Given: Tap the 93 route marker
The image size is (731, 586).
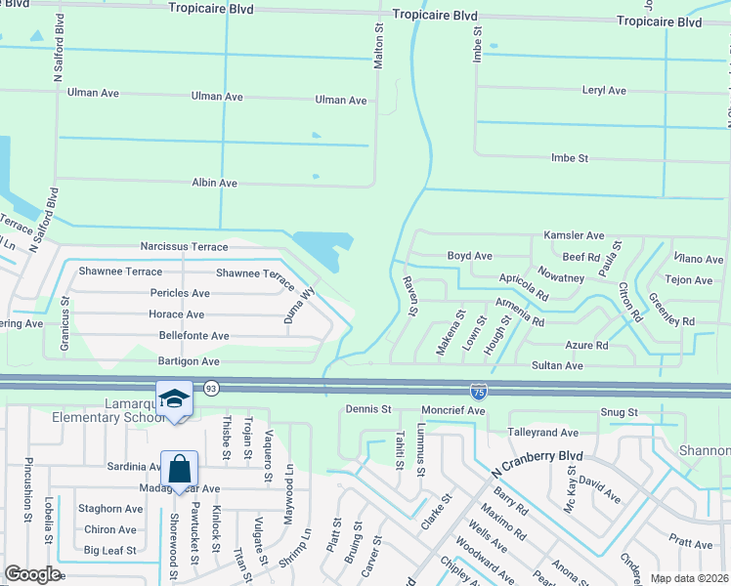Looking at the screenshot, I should tap(211, 389).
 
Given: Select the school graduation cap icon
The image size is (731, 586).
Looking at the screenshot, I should tap(174, 398).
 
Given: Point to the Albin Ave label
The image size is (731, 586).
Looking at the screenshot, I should tap(214, 183).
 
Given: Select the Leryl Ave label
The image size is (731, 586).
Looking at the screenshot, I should tap(603, 91).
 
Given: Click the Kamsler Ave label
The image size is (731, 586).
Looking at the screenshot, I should tap(574, 236).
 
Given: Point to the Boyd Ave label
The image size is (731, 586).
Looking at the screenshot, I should tap(469, 256).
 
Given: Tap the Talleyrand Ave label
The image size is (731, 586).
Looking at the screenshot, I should tap(542, 432).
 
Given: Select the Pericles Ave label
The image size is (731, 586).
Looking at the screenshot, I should tap(180, 293).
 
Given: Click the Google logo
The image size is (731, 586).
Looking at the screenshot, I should tap(32, 574).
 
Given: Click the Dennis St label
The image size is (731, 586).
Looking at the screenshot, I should tap(368, 409).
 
